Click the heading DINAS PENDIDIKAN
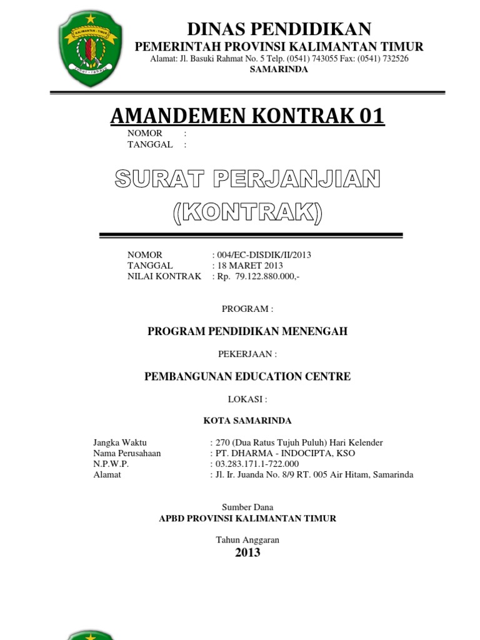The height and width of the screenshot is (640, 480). [x=279, y=28]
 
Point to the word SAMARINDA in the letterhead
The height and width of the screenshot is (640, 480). [x=279, y=69]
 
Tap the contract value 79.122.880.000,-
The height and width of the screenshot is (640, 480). [x=267, y=276]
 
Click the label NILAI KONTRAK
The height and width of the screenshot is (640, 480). [x=164, y=276]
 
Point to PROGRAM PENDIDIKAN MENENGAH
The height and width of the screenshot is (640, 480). [x=247, y=331]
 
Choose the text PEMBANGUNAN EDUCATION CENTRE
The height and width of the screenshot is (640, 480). [x=247, y=376]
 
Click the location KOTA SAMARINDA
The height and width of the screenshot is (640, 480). [x=247, y=420]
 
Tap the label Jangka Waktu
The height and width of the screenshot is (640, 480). [x=119, y=442]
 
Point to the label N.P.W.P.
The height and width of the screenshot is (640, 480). [x=111, y=464]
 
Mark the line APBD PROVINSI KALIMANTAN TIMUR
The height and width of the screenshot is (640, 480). [x=247, y=518]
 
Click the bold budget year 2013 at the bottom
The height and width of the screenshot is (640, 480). [x=247, y=552]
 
